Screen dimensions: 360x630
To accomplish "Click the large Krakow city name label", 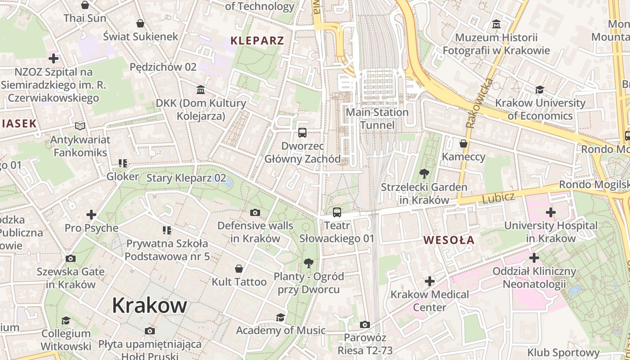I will tap(149, 306).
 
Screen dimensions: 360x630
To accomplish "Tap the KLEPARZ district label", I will tap(257, 40).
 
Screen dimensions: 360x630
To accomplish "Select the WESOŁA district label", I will tap(449, 240).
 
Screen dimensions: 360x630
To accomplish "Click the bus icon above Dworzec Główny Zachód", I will tap(302, 133).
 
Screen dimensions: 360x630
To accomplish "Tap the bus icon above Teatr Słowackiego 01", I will tap(337, 212).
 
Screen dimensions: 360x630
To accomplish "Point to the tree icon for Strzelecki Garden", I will tap(423, 173).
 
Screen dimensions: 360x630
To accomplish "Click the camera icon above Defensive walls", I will tap(255, 212).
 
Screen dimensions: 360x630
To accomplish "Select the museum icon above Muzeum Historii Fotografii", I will tap(496, 23).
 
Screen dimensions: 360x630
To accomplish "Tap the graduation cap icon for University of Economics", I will tap(540, 90).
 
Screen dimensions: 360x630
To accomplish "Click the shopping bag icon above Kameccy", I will tap(463, 144).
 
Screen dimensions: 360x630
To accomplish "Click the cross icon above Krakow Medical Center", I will tap(430, 281).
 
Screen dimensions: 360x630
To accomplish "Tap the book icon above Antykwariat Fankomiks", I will tap(80, 126).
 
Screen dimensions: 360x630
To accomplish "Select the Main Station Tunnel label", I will tap(377, 118).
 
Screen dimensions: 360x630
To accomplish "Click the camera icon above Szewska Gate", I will tap(71, 258).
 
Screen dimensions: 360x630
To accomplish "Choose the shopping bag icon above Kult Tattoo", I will tap(239, 269).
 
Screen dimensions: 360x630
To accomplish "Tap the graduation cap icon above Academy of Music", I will tap(280, 317).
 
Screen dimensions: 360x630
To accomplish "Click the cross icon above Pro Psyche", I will tap(91, 215).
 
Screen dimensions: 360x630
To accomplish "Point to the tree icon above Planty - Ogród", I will tap(308, 263).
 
